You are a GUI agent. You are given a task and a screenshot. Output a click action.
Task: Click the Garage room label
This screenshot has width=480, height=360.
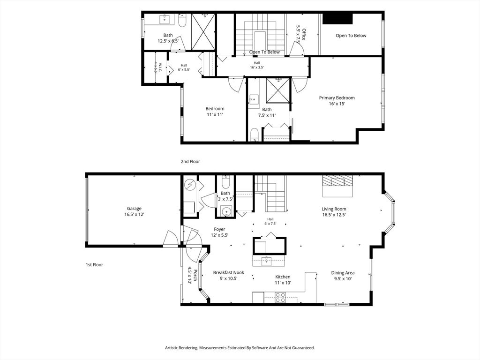coord(134,209)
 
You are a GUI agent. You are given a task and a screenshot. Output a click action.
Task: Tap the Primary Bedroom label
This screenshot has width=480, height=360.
coord(337,98)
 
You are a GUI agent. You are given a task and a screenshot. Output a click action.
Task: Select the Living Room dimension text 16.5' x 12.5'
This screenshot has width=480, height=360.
coord(334,215)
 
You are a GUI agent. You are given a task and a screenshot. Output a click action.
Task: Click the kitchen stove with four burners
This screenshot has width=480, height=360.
coord(280,298)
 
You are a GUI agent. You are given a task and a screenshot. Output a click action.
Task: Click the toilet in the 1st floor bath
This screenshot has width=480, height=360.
coord(225,182)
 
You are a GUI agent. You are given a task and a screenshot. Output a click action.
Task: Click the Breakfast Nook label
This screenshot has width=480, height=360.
coord(229,272)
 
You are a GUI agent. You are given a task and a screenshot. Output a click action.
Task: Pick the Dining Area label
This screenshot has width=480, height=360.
coord(343,273)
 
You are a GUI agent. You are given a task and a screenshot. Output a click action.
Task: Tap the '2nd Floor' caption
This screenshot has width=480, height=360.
coord(190,161)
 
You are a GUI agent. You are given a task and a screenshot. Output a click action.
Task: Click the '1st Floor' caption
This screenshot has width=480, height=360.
coord(94,264)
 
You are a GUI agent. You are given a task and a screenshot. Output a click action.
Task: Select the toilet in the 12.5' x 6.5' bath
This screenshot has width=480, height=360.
coord(181,20)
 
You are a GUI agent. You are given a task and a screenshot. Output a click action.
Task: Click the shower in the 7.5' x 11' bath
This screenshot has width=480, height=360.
coord(277,90)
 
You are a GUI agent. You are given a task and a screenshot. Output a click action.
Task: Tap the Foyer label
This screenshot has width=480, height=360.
coord(219,229)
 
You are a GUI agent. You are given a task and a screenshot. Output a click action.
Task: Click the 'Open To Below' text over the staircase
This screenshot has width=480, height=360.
coord(264,52)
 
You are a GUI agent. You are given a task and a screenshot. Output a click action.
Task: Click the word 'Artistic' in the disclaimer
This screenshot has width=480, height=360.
coord(172,348)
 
